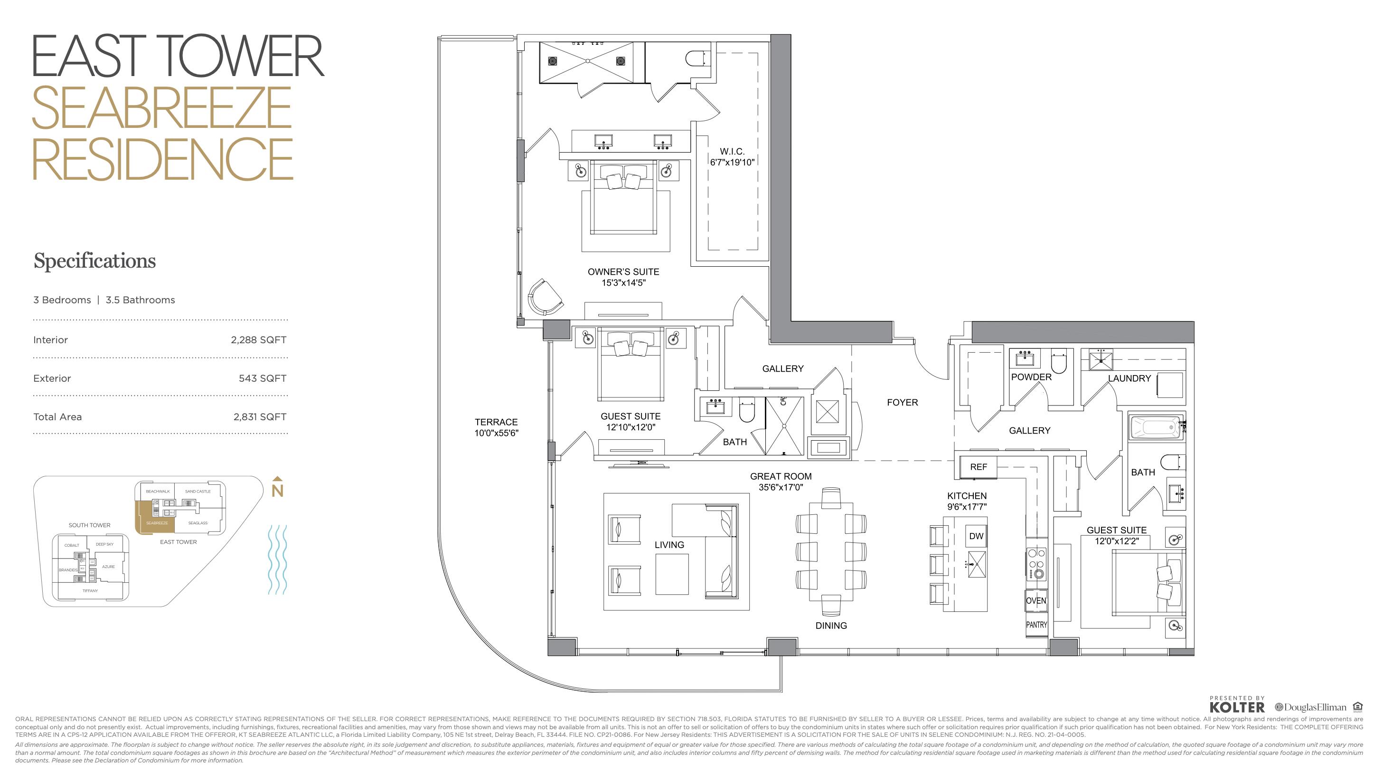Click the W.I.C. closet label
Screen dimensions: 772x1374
point(732,152)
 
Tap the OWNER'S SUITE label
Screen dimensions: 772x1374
point(623,272)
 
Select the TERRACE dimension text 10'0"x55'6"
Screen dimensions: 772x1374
point(496,433)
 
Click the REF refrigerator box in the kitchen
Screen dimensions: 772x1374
point(978,467)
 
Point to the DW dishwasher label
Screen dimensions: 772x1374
point(976,536)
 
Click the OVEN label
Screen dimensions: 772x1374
point(1036,600)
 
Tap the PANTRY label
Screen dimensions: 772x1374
point(1036,625)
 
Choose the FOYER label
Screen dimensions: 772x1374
point(902,403)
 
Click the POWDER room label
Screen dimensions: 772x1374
point(1031,377)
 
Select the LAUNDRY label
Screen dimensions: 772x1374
point(1129,378)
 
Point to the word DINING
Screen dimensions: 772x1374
point(830,626)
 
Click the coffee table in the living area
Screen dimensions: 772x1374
point(671,574)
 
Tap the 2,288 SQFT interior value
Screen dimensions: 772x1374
point(258,340)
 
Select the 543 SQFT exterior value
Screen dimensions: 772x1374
point(263,378)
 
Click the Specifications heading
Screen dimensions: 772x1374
point(94,261)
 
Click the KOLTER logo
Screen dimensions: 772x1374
point(1236,707)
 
